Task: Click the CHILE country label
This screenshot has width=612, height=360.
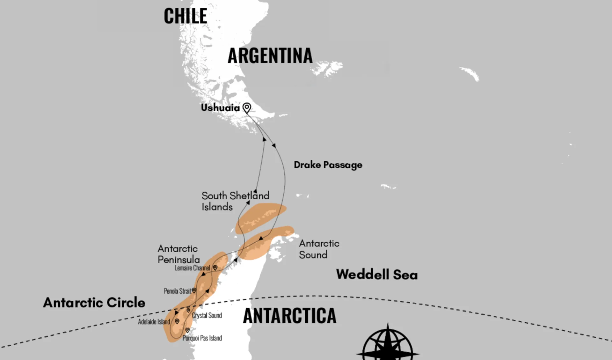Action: pos(185,16)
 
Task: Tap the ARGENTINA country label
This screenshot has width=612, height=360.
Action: pos(270,56)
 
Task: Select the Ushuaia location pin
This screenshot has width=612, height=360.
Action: pos(247,107)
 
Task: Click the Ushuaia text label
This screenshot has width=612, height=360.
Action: pos(220,108)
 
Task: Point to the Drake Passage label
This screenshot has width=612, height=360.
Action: pos(328,165)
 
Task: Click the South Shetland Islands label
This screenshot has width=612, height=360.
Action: pos(235,201)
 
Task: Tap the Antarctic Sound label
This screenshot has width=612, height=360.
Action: pos(319,249)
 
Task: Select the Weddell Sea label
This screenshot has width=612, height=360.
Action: pos(377,275)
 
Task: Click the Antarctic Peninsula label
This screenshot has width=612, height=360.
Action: pos(179,254)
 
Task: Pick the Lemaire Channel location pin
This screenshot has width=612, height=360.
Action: pos(215,268)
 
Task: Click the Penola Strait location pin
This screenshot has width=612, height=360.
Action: pos(194,290)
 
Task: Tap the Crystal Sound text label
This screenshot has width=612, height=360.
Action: pos(207,315)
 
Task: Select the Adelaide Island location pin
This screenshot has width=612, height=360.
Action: pos(177,321)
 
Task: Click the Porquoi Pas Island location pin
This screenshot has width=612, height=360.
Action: pos(187,330)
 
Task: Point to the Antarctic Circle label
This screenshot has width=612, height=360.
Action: pos(94,303)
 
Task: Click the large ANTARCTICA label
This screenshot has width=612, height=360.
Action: pos(289,316)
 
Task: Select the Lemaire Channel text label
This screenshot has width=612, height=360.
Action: pos(192,268)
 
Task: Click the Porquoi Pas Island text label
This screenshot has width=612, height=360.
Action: pos(202,338)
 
